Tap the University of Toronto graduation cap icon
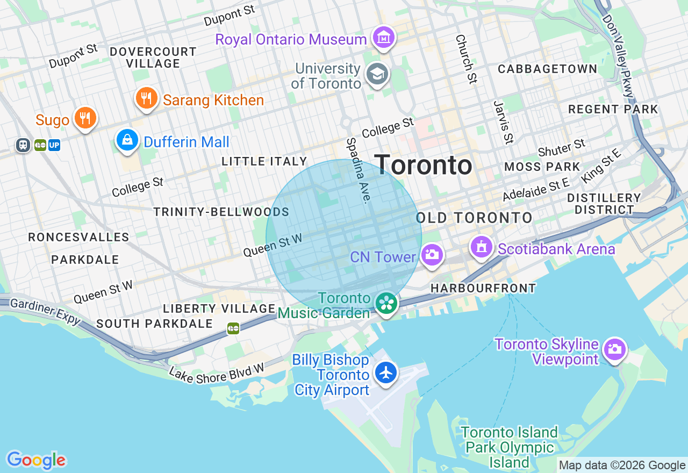pos(377,75)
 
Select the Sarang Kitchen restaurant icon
pos(146,98)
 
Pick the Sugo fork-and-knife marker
pos(85,118)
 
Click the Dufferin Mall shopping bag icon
pos(127,141)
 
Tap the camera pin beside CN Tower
pos(432,255)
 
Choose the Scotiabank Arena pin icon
pos(482,247)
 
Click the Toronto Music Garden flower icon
pos(386,303)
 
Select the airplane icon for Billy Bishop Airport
pos(385,372)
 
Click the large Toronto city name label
pos(423,165)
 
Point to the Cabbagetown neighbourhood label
pos(547,69)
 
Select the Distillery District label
pos(604,204)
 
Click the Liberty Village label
pos(219,309)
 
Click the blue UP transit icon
pos(54,145)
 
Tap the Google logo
pos(36,460)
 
